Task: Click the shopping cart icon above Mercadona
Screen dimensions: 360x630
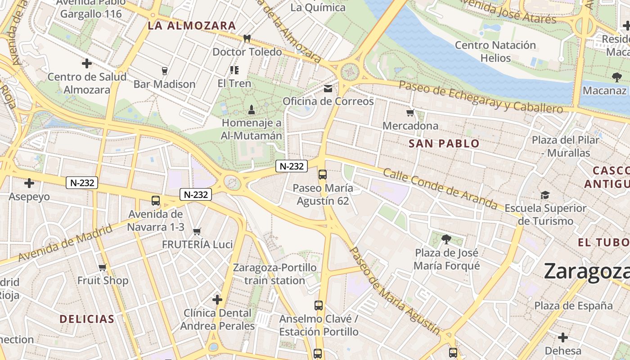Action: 410,113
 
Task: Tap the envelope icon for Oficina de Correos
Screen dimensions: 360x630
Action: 328,89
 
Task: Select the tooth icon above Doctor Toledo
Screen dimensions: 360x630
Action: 247,39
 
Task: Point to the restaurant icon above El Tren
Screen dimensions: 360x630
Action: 234,70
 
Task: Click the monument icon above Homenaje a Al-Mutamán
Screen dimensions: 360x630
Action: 252,109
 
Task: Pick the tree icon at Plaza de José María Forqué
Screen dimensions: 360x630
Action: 446,239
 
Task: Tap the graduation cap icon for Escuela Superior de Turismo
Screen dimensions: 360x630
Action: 545,195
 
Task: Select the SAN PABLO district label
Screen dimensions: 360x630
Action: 444,144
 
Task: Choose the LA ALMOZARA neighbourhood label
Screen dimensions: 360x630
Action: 192,26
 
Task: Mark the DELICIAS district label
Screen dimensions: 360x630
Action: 87,319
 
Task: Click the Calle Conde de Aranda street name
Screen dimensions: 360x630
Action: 440,189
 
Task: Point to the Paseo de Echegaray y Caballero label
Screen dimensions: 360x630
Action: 481,97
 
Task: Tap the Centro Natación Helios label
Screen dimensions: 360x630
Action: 495,51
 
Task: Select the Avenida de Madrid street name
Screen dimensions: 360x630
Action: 65,245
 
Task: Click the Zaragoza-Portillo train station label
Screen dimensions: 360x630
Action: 274,274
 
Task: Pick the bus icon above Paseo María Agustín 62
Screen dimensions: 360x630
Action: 322,175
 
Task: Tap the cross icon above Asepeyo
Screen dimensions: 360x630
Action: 29,183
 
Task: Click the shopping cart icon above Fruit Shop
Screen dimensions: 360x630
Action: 103,268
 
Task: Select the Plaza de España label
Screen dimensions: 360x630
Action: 574,306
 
